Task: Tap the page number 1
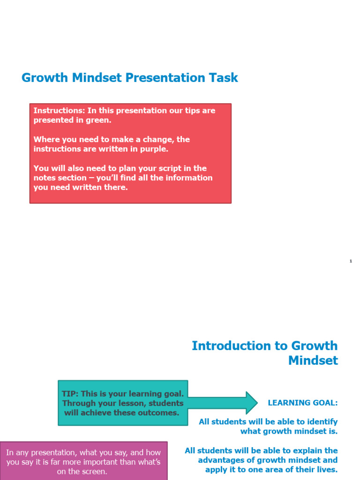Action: click(x=351, y=261)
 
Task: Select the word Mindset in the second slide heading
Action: click(x=313, y=360)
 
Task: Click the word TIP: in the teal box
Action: click(x=71, y=394)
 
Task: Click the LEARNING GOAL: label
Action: click(x=302, y=403)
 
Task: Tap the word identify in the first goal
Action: click(x=321, y=422)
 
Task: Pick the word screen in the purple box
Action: click(x=96, y=472)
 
